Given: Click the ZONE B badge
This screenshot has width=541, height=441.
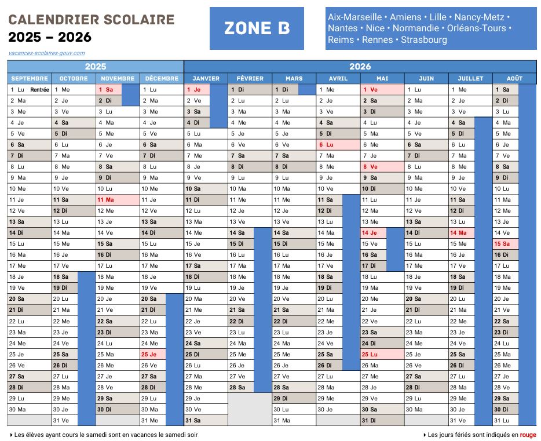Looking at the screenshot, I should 257,28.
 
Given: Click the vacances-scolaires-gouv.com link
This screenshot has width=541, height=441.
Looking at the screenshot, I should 46,53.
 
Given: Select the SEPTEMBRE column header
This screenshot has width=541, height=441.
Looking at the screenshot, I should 30,78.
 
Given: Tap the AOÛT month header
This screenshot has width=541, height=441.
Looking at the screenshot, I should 514,78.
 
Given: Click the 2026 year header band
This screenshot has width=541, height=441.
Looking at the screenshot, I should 360,66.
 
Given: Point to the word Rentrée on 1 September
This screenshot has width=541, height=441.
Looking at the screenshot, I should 39,90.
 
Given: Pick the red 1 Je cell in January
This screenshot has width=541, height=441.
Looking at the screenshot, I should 197,90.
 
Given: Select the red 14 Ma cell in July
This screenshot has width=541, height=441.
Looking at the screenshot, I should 462,233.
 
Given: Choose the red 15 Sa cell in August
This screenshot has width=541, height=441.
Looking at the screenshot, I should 505,244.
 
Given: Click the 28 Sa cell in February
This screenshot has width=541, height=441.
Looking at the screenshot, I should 241,387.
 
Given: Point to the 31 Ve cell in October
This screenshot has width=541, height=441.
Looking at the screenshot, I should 64,420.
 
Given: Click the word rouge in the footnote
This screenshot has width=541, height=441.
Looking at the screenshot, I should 528,435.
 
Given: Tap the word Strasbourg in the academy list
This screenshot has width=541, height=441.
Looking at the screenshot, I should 423,40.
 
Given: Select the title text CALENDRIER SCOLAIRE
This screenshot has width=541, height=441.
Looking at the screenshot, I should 92,20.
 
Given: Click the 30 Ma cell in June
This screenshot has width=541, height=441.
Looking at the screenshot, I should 418,409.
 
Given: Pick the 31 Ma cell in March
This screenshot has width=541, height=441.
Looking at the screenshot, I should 286,420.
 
